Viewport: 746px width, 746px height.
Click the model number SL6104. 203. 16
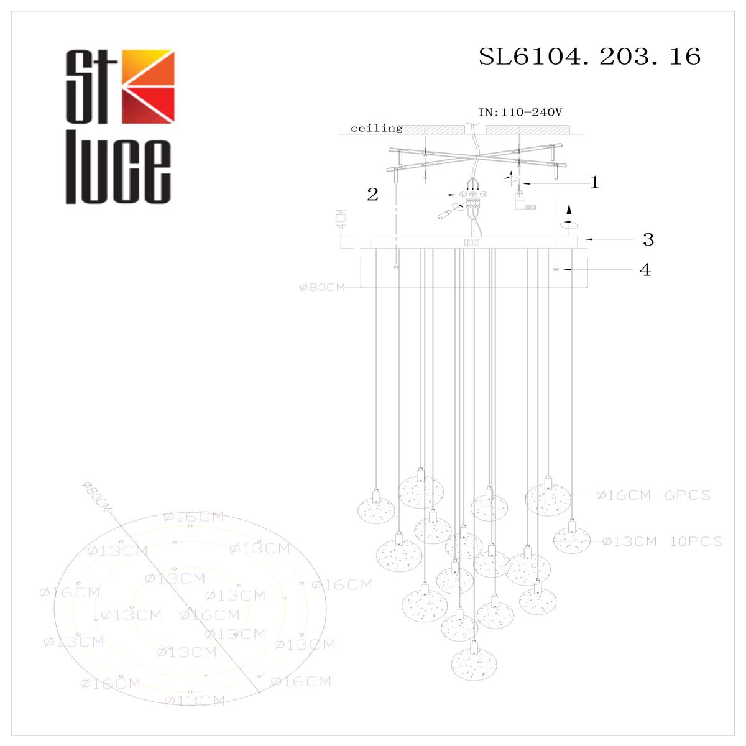pos(589,57)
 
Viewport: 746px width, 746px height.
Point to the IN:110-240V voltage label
pos(520,113)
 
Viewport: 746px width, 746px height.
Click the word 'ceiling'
pos(377,129)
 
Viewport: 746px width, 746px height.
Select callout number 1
pos(594,183)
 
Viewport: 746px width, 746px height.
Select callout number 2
pos(372,195)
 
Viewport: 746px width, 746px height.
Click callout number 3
pos(648,239)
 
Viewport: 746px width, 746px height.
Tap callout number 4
pos(646,270)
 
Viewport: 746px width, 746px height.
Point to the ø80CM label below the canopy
pos(322,287)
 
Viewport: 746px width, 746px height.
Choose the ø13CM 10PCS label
pos(662,541)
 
